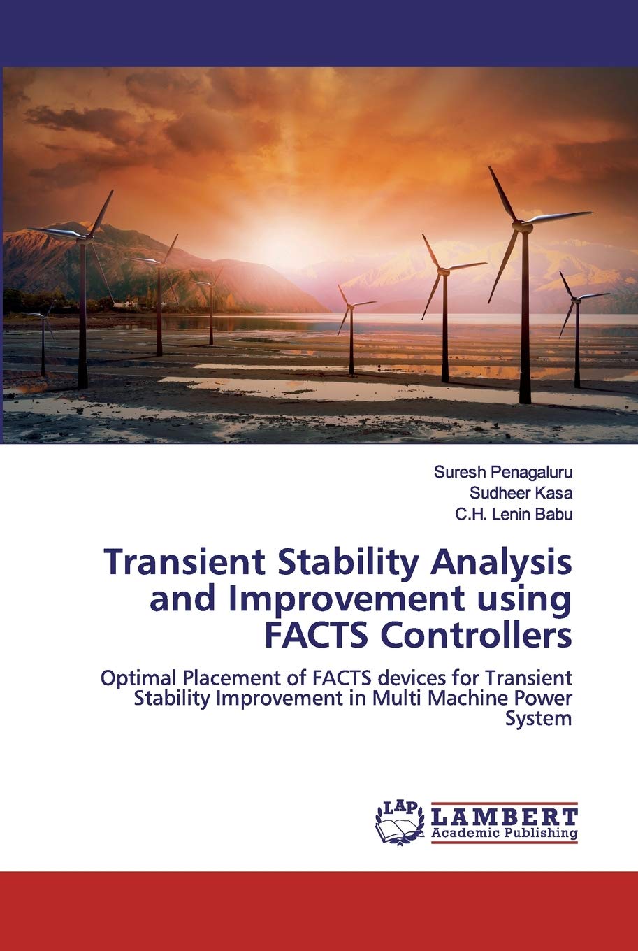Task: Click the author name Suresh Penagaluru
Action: coord(502,472)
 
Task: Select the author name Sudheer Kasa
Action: coord(521,493)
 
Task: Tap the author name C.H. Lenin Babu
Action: coord(514,514)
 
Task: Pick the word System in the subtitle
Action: coord(539,719)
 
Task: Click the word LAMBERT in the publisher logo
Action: coord(505,816)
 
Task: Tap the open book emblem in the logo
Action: coord(393,829)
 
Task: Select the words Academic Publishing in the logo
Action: coord(505,833)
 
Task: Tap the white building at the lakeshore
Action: coord(126,304)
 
